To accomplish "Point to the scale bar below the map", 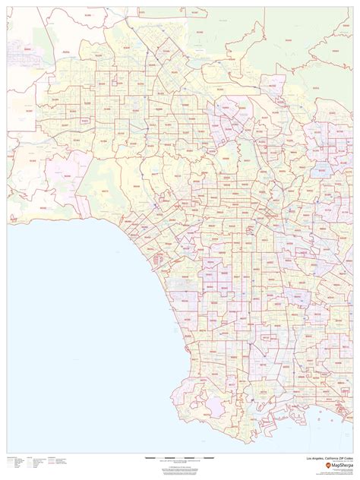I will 180,437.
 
